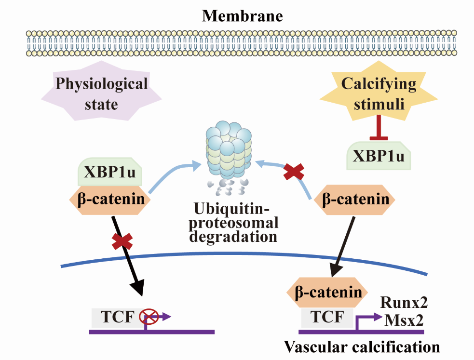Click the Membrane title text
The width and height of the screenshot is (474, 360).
coord(242,16)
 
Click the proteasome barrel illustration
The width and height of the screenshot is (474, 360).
coord(228,152)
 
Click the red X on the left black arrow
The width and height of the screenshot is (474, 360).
coord(122,241)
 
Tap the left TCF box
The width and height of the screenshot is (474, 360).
coord(114,317)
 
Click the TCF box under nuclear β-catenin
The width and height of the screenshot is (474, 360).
coord(324,317)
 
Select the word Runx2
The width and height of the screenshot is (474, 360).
coord(404,303)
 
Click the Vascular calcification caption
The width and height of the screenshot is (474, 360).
coord(362,347)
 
